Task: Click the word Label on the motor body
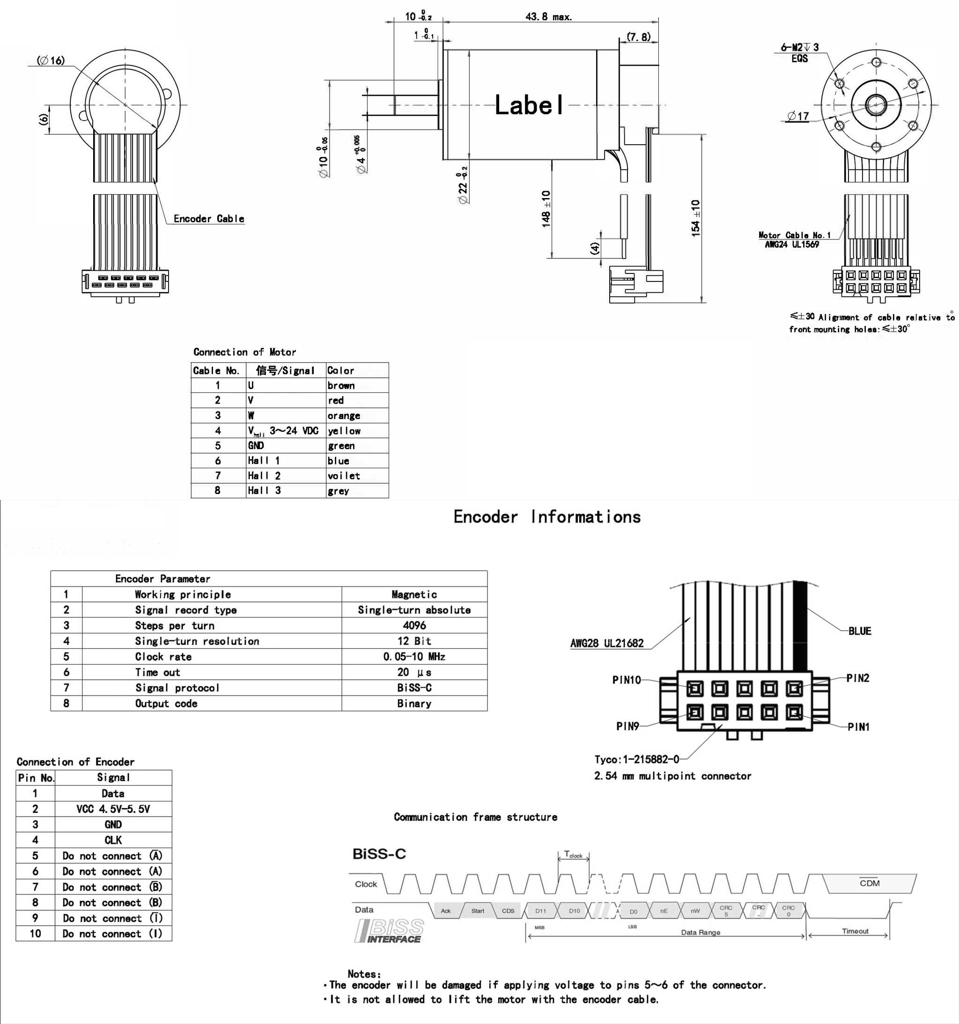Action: point(529,105)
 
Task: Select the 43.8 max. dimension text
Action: point(548,16)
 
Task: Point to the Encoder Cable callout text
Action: point(208,218)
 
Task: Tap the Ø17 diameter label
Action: point(798,117)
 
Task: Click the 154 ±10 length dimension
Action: point(696,218)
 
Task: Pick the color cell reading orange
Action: point(344,416)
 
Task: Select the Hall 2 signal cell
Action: point(264,475)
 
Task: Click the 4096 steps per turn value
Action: point(414,626)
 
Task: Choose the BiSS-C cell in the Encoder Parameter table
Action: point(414,688)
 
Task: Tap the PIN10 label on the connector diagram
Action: point(626,680)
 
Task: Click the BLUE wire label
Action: point(860,631)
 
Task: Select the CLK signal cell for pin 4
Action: point(113,840)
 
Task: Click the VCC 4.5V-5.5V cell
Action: point(113,809)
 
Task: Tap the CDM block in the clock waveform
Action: point(870,884)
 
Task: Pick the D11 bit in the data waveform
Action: point(540,911)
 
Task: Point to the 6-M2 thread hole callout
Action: point(799,47)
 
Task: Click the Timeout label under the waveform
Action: point(855,931)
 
